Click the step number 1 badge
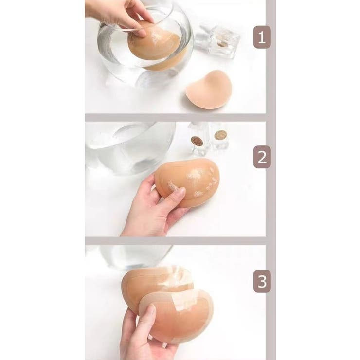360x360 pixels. (262, 37)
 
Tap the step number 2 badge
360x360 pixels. (262, 157)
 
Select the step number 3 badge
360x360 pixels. (262, 281)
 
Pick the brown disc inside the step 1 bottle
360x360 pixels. (221, 44)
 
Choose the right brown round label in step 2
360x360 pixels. (220, 135)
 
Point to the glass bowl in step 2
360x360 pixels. (130, 147)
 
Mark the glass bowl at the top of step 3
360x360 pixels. (135, 257)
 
